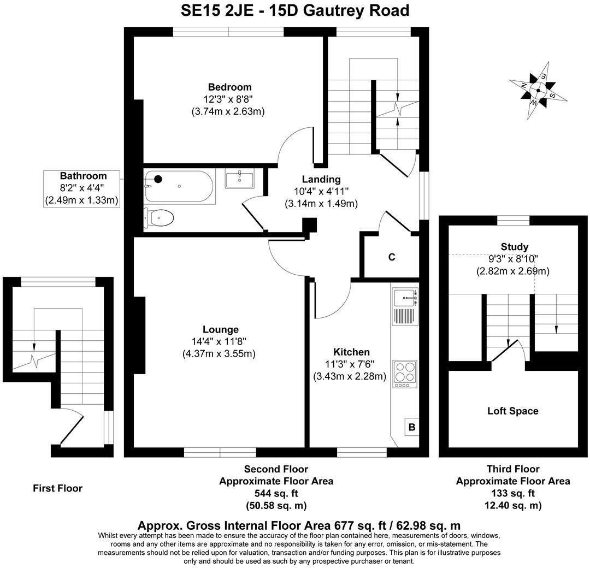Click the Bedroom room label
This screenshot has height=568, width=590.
[x=229, y=87]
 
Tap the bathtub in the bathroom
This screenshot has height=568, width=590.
[x=178, y=187]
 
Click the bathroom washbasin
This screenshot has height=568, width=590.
[x=239, y=179]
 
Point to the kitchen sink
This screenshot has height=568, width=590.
[x=405, y=298]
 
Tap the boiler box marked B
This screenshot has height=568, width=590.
[x=411, y=427]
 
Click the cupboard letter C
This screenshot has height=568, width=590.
[x=392, y=257]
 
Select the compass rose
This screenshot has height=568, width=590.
[x=539, y=91]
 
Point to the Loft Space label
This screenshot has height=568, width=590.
[x=512, y=411]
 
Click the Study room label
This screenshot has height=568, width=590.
[x=514, y=247]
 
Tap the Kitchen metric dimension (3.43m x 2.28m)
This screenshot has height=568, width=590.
[x=349, y=376]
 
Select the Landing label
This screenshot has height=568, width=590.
[x=321, y=179]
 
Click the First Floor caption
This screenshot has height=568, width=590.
[x=57, y=488]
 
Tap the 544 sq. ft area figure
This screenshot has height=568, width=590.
[x=276, y=493]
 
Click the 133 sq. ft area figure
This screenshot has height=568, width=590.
[x=513, y=493]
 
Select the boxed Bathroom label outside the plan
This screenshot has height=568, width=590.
[x=83, y=176]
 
